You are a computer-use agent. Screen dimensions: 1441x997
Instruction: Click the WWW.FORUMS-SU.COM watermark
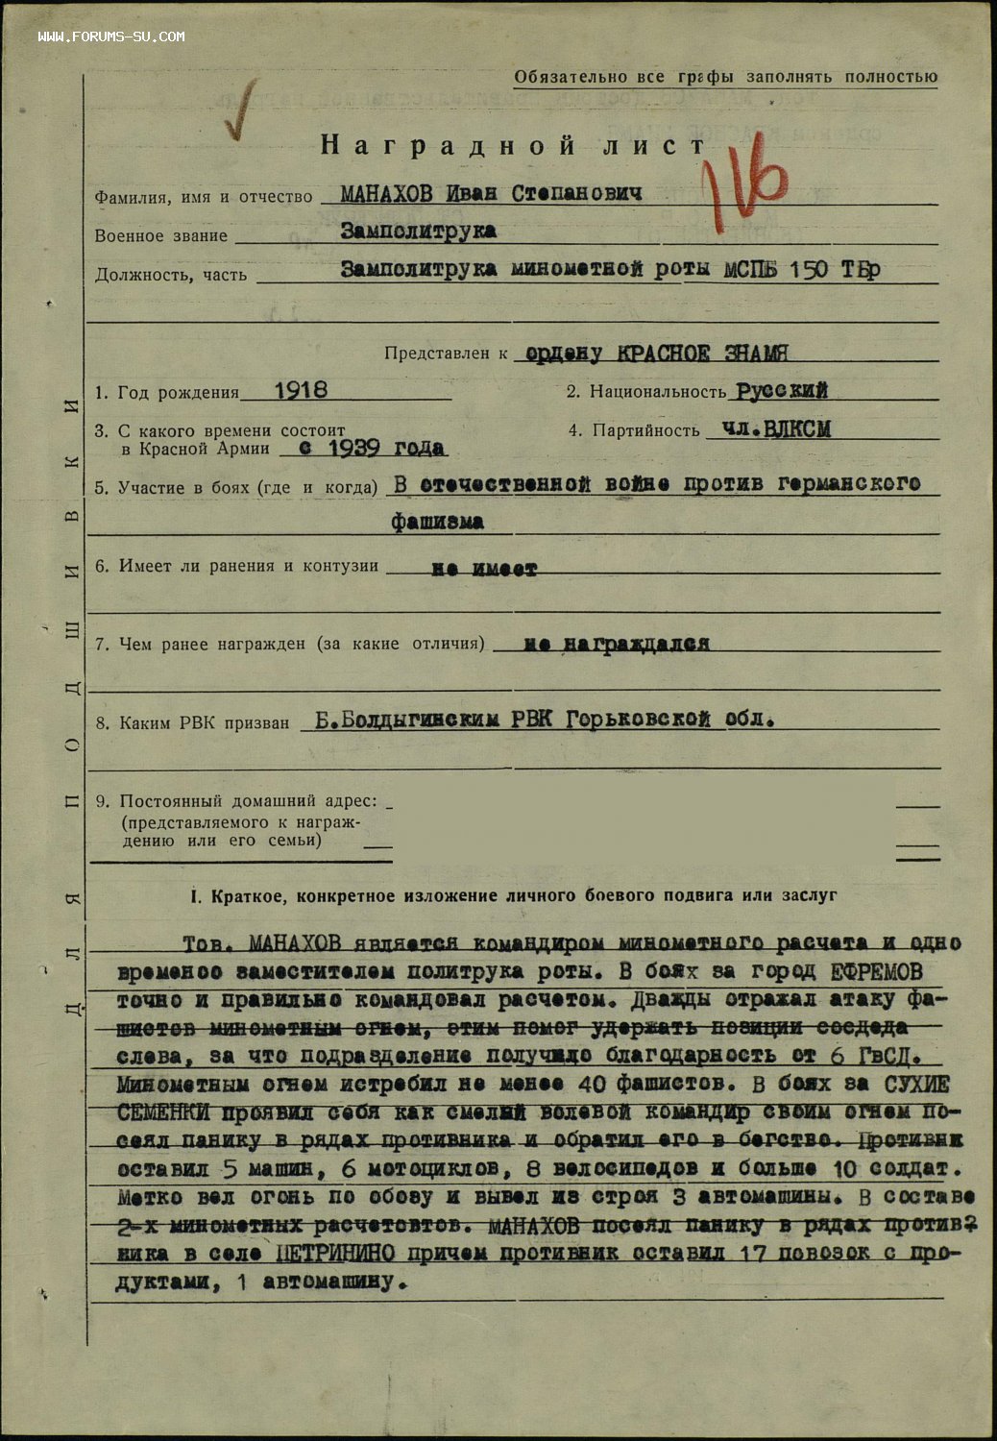[111, 37]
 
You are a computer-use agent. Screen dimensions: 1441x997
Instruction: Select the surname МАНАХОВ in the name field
[388, 193]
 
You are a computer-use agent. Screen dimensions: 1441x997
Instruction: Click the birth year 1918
[300, 390]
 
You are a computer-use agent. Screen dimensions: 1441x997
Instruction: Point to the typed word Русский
[781, 391]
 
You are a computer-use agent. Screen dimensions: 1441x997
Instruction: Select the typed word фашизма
[437, 523]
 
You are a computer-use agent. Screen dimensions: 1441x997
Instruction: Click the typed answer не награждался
[617, 644]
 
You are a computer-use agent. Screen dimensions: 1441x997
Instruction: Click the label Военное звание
[160, 236]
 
